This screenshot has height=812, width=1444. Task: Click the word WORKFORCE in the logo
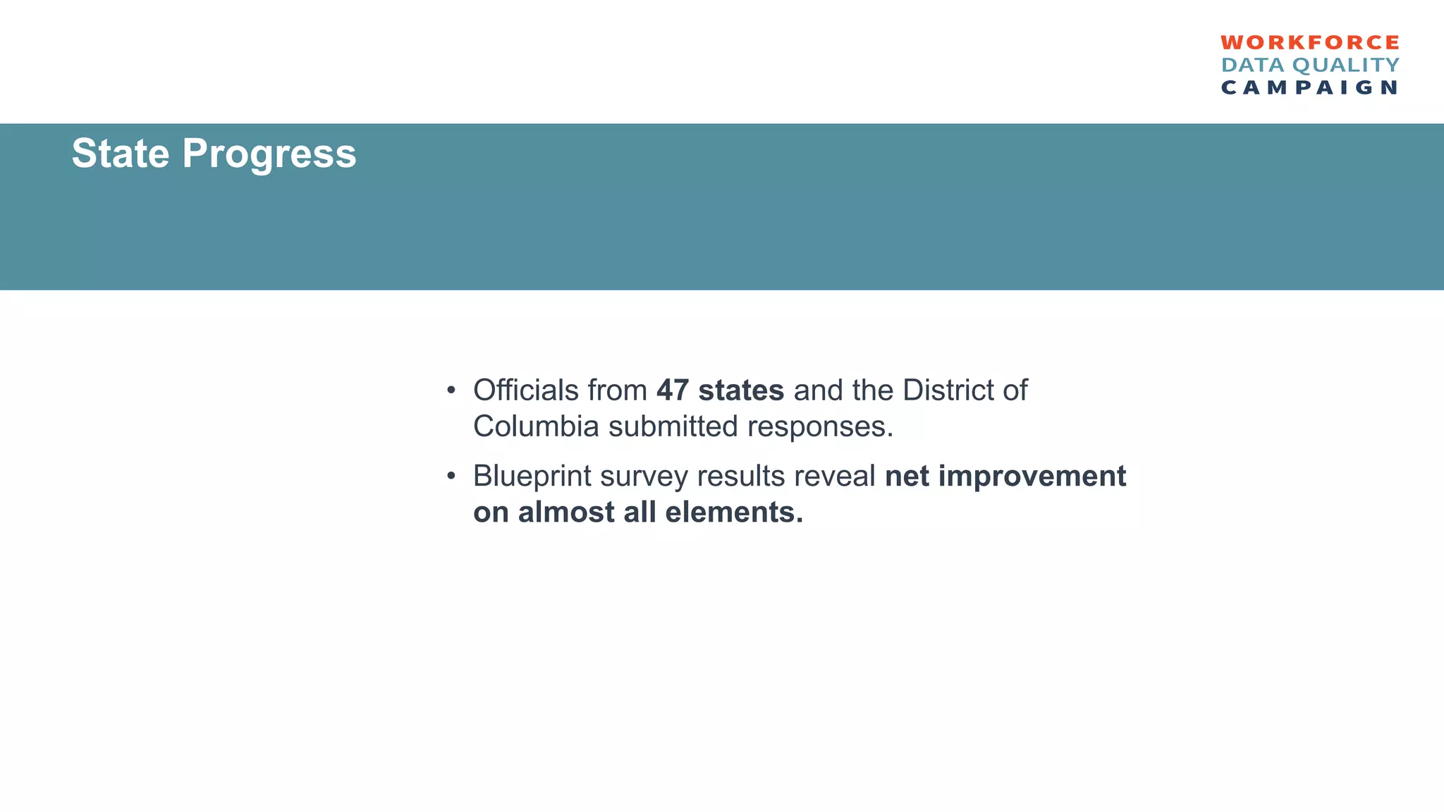tap(1310, 43)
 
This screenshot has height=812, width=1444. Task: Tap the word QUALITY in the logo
tap(1346, 66)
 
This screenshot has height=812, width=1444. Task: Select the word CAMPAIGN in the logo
tap(1310, 87)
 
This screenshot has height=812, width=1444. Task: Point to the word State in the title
tap(121, 153)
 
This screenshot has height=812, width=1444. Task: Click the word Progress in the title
tap(269, 154)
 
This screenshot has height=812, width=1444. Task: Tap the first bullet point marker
tap(451, 391)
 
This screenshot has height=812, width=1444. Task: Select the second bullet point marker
tap(451, 477)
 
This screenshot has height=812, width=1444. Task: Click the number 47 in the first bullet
tap(673, 390)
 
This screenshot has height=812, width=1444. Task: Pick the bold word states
tap(741, 390)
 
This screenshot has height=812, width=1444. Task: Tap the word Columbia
tap(536, 426)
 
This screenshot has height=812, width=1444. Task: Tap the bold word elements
tap(734, 512)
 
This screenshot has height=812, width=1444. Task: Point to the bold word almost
tap(566, 512)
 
